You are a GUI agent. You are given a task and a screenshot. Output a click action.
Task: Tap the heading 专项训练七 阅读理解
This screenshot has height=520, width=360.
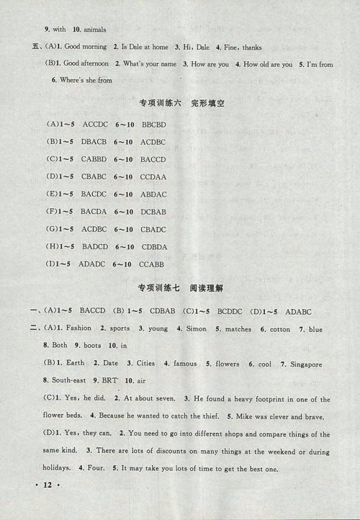tap(184, 289)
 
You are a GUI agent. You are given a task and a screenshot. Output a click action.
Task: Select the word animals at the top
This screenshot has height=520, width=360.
tap(90, 30)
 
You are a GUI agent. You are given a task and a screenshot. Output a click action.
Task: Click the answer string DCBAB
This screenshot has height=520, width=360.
tap(153, 212)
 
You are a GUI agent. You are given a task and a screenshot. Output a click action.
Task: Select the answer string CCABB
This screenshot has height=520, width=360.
tap(152, 264)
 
